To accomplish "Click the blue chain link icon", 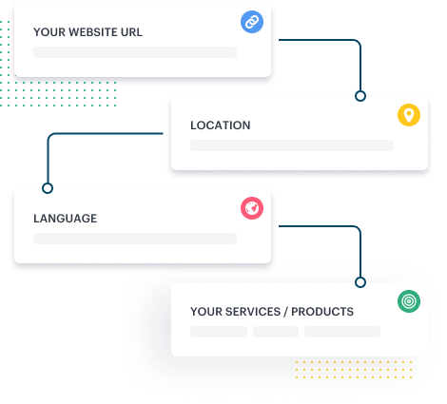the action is (252, 22).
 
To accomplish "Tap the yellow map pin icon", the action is (409, 115).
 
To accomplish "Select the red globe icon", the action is (252, 208).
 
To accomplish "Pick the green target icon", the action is (409, 301).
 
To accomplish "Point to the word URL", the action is (131, 32).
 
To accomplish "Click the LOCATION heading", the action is (221, 125).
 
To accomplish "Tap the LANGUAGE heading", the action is (66, 219).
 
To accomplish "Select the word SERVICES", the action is (253, 312).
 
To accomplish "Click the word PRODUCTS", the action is (322, 312).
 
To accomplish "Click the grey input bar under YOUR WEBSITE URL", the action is (135, 52).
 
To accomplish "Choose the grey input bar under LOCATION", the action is (292, 145).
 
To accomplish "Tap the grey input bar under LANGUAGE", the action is (135, 239).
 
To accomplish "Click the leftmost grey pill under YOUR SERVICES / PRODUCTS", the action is (219, 332).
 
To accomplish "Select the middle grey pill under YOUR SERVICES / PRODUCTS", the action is (276, 332).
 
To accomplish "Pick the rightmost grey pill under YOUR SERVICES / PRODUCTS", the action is (342, 332).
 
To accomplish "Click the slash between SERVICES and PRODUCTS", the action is (286, 312).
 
